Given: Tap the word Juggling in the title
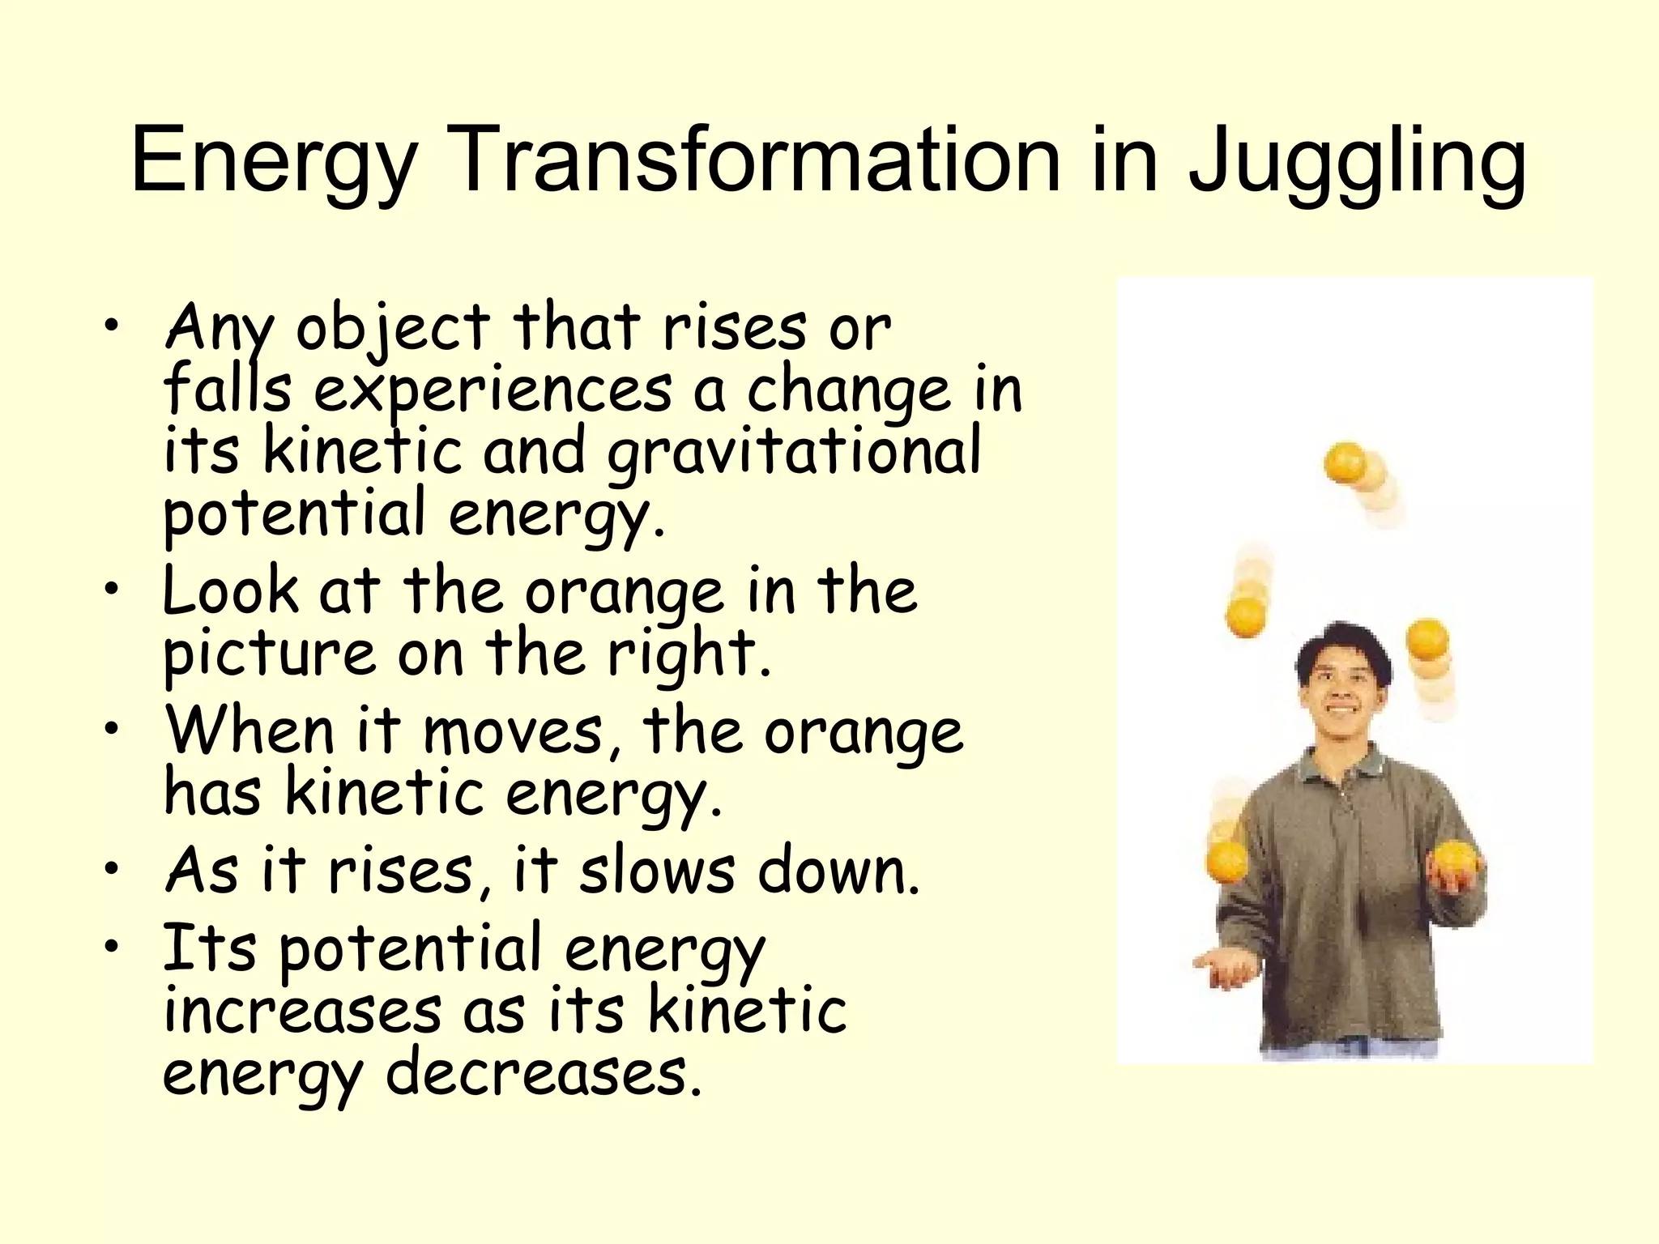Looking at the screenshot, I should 1357,162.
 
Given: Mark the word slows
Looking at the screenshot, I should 657,871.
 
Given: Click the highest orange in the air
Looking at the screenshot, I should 1346,462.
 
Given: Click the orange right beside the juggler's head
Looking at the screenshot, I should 1427,640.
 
